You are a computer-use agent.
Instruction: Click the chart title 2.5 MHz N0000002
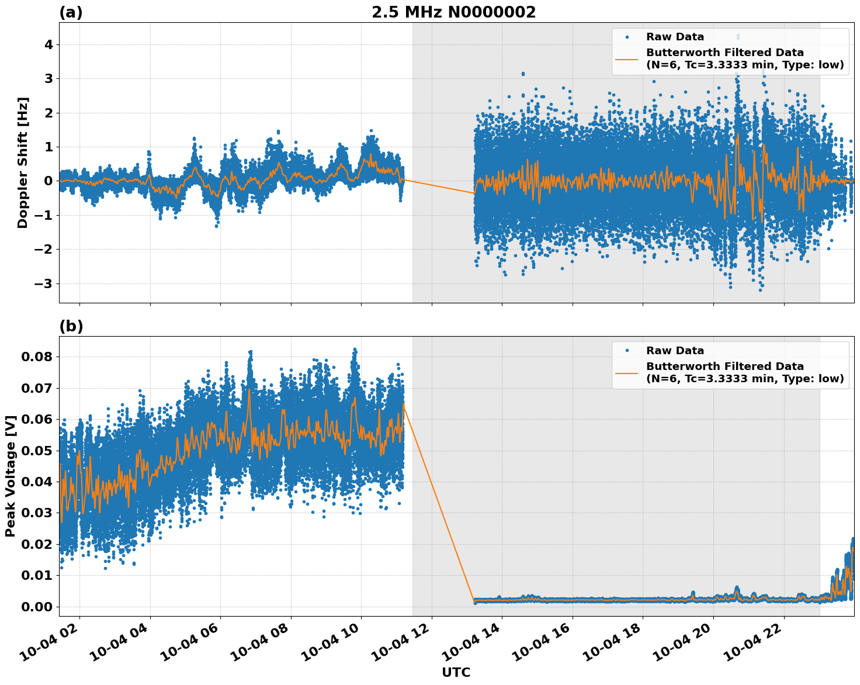[x=453, y=12]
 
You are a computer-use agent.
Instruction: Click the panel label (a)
[x=71, y=13]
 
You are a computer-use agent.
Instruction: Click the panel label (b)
[x=71, y=327]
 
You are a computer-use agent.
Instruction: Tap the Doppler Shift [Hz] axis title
[x=22, y=162]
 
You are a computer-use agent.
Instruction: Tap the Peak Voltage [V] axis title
[x=10, y=476]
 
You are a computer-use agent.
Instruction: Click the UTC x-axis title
[x=456, y=673]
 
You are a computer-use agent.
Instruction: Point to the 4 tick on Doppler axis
[x=48, y=45]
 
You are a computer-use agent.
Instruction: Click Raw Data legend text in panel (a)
[x=675, y=37]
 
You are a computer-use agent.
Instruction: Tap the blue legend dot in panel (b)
[x=626, y=351]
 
